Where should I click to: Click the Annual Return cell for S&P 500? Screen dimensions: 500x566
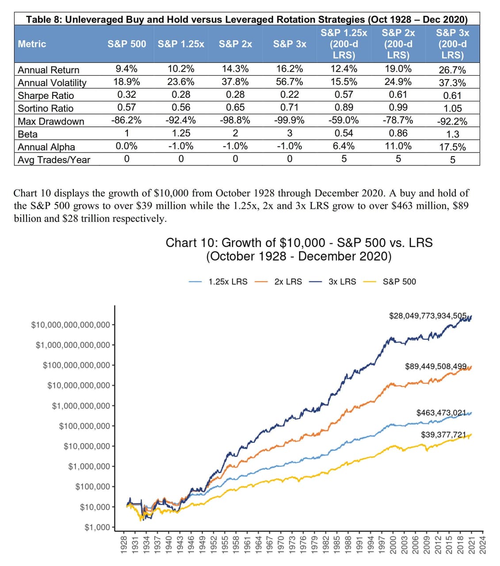point(126,69)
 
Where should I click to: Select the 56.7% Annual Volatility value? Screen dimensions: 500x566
point(290,81)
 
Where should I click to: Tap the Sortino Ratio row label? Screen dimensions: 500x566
point(46,108)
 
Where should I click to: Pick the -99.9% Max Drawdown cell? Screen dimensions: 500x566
point(289,120)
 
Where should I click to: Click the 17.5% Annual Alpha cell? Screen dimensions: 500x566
point(453,147)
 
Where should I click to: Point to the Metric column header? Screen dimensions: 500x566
point(32,44)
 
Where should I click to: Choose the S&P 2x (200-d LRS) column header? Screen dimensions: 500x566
point(398,44)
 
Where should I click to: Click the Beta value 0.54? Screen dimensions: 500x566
point(344,133)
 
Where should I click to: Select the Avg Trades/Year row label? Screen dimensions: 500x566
point(54,160)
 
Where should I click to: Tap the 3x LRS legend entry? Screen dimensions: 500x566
point(332,282)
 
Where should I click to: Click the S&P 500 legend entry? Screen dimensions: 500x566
point(389,282)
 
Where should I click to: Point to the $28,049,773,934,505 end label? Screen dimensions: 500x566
point(427,316)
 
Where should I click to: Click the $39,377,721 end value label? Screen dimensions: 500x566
point(443,435)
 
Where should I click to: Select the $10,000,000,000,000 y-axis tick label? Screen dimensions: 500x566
point(70,325)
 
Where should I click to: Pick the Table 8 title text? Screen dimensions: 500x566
point(247,19)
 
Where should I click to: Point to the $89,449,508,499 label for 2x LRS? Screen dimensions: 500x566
point(436,366)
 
